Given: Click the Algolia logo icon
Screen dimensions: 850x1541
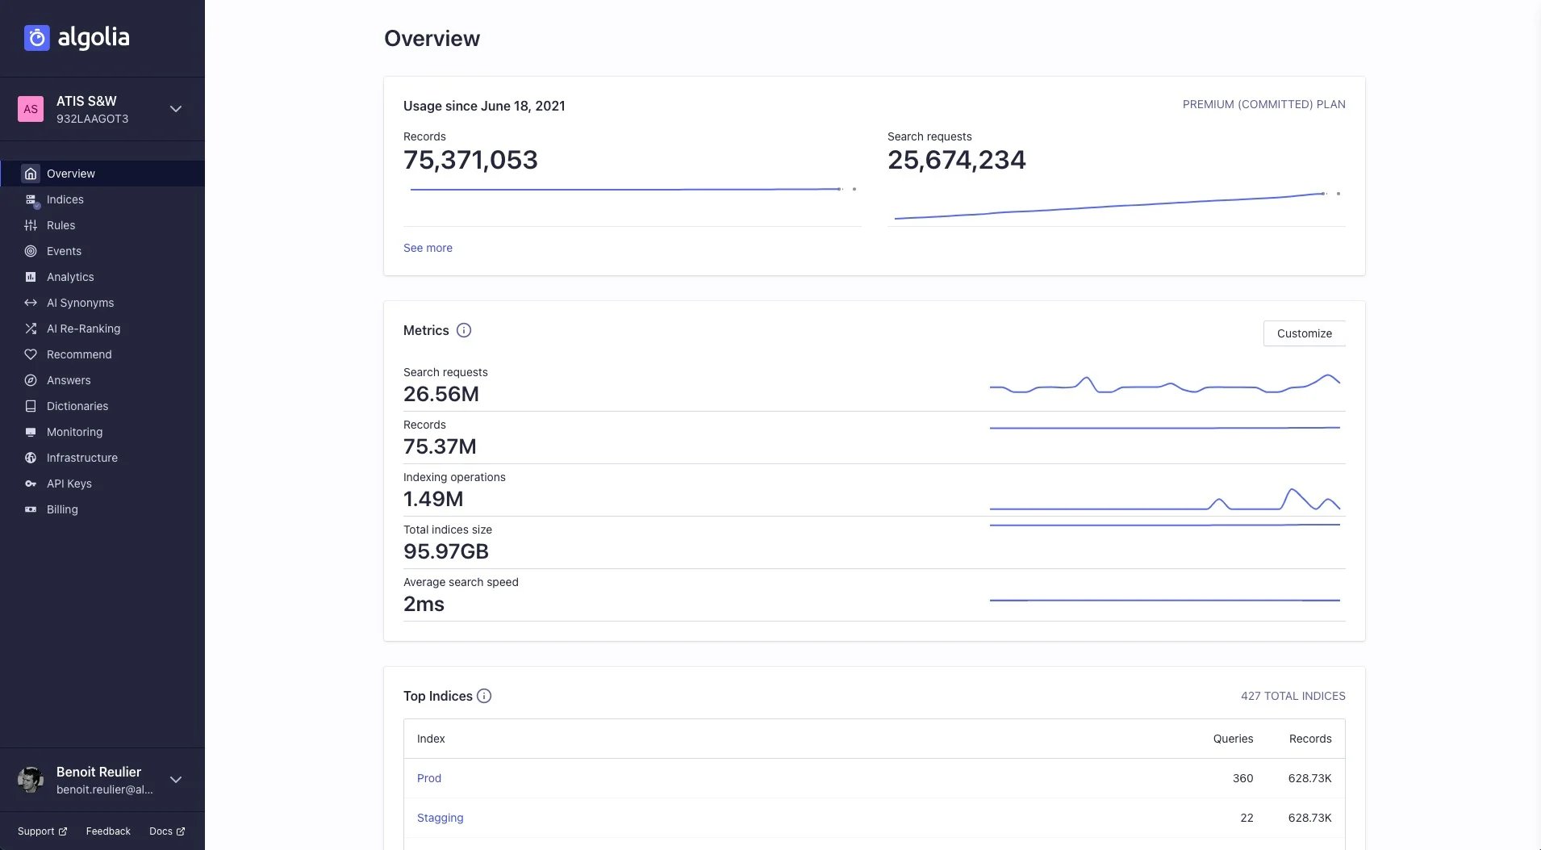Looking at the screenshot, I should (x=37, y=38).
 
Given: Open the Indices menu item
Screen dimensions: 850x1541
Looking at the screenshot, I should (x=65, y=199).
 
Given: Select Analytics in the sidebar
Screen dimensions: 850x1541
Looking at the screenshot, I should (x=69, y=277).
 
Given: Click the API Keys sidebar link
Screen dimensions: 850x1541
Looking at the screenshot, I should (x=69, y=484).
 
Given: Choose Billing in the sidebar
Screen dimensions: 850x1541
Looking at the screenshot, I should (x=62, y=509).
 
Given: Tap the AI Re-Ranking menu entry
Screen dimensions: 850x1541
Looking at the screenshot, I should (x=83, y=329).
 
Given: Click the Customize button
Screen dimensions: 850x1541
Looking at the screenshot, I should (x=1304, y=333).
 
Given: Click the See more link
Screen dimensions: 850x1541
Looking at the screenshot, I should (x=428, y=248).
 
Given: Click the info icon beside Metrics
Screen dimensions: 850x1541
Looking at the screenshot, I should (x=464, y=330).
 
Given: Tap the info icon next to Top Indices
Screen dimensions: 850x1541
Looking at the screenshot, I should (x=484, y=696).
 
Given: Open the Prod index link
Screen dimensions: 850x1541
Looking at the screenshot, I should (x=428, y=778).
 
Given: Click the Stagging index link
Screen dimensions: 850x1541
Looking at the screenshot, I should (x=440, y=818).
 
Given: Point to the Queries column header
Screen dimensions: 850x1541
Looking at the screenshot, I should (x=1233, y=739).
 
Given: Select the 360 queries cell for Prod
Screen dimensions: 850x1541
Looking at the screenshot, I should (x=1242, y=778).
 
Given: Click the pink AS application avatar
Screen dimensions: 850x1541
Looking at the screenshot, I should (x=31, y=109).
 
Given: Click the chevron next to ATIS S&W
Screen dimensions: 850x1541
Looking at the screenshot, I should (x=176, y=109).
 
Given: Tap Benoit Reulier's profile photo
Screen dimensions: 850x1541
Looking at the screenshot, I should (x=31, y=780).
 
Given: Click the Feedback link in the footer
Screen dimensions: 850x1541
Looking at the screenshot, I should (x=108, y=831).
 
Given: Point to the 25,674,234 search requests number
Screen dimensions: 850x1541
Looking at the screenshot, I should (x=956, y=160).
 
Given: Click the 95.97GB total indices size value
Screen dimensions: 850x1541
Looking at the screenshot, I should (x=445, y=551).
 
